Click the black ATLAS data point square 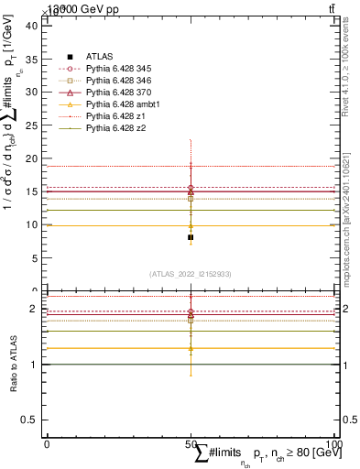(x=191, y=237)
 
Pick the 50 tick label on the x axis (x=191, y=443)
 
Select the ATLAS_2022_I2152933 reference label (x=191, y=274)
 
